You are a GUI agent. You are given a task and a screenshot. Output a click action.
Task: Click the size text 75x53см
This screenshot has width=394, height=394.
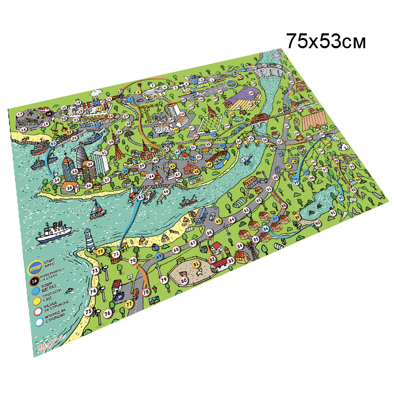(326, 41)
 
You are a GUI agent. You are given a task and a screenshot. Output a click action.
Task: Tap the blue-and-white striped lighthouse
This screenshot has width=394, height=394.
(90, 239)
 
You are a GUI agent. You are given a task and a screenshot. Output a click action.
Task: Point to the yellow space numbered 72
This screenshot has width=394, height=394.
(101, 250)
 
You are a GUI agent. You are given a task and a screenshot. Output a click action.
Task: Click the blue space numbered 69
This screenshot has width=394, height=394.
(159, 256)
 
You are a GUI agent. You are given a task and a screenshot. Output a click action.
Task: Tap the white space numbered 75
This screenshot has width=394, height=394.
(88, 311)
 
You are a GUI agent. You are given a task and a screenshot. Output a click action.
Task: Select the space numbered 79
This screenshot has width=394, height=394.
(164, 280)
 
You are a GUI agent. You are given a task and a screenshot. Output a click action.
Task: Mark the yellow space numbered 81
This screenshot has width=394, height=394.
(196, 264)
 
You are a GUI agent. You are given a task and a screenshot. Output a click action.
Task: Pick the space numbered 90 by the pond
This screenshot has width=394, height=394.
(318, 223)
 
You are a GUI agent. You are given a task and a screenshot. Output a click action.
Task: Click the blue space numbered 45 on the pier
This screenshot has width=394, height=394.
(141, 196)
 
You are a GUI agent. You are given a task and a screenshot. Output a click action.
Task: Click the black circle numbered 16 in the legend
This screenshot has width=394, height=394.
(34, 281)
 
